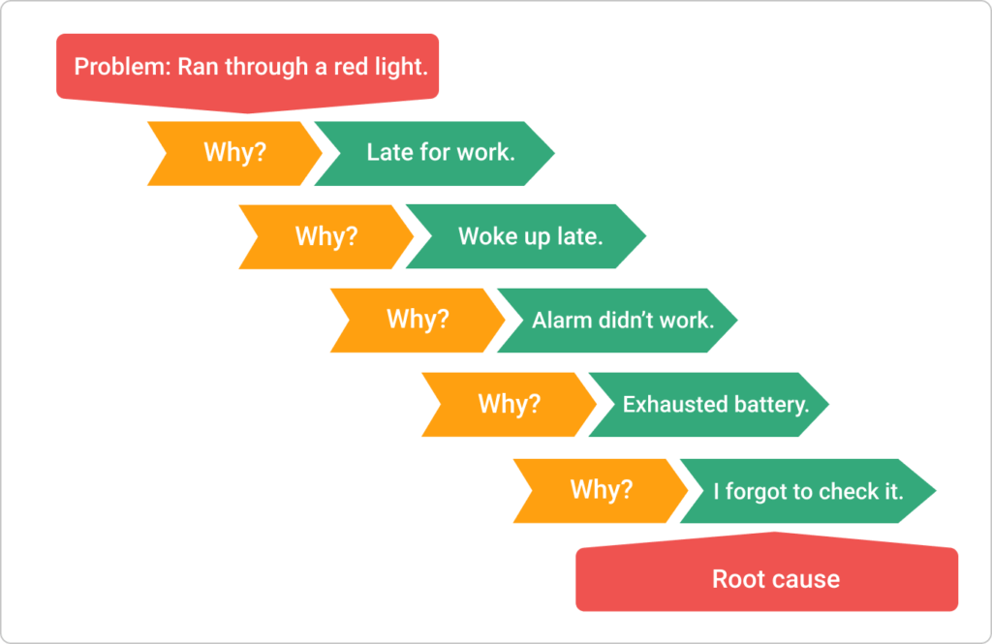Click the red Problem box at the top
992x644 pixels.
(247, 68)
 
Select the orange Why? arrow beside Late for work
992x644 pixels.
(232, 153)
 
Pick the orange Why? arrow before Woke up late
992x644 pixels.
(325, 236)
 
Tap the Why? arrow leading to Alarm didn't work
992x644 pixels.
(417, 320)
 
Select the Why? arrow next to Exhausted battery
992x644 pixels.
(509, 404)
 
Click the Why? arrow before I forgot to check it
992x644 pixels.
(601, 490)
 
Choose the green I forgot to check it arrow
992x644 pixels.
(808, 491)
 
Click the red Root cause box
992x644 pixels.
(767, 580)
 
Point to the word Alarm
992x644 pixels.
(560, 320)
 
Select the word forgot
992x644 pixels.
(758, 491)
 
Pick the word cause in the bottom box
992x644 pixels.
(807, 580)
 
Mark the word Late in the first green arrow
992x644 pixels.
(387, 153)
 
